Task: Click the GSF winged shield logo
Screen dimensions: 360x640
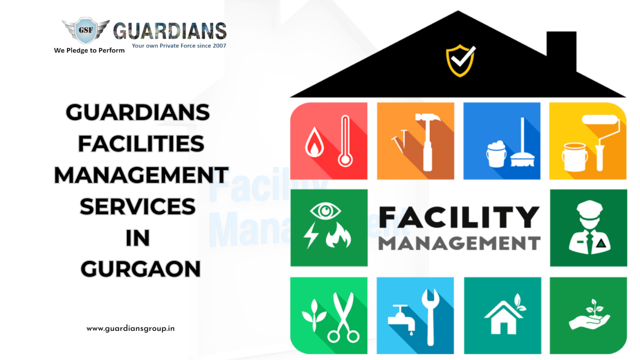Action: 86,30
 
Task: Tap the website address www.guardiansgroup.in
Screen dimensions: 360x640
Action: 130,329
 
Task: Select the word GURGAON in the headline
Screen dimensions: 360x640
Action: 140,269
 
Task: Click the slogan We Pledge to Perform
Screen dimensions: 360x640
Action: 89,50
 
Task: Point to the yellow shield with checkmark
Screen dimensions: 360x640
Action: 460,60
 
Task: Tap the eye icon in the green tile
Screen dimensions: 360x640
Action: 325,211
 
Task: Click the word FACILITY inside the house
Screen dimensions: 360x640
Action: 459,217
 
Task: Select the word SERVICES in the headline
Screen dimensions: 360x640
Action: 138,207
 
